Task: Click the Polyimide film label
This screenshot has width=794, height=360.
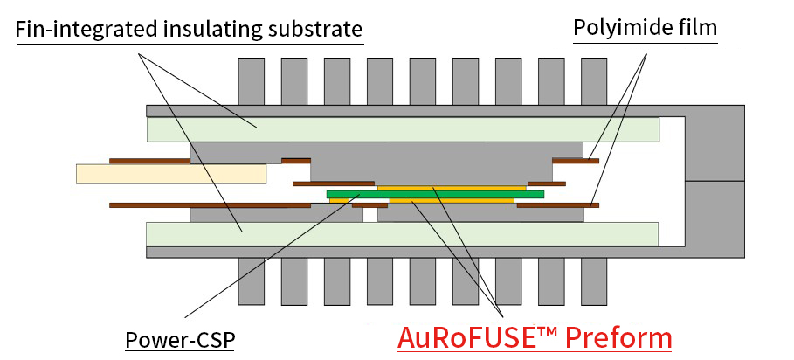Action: tap(645, 28)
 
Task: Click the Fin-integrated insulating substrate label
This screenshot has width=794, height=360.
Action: tap(189, 32)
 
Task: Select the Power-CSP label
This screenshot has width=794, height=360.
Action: tap(180, 339)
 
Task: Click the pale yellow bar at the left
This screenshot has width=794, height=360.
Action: tap(171, 174)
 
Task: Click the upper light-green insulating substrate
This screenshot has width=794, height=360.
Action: tap(402, 129)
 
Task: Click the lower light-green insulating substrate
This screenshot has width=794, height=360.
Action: tap(402, 234)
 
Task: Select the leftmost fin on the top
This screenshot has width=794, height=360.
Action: tap(252, 81)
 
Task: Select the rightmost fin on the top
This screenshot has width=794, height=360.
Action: tap(594, 81)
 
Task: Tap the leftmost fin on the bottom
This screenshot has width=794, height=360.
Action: tap(252, 280)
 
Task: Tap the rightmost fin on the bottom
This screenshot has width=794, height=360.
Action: tap(594, 280)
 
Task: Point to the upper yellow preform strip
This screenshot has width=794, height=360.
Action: tap(451, 187)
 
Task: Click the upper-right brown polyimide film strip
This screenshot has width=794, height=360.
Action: tap(575, 161)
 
